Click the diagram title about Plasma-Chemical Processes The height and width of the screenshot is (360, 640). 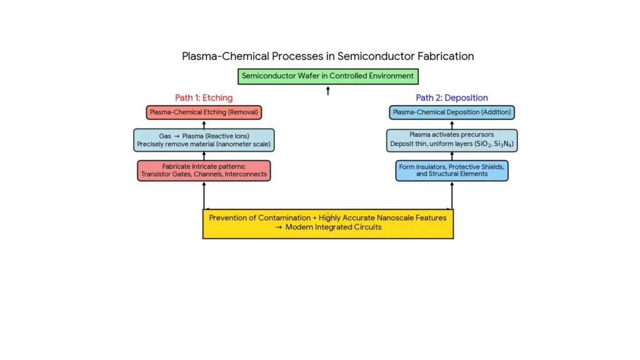click(327, 56)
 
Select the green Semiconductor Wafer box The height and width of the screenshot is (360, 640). click(327, 76)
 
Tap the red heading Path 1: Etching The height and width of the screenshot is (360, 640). click(204, 97)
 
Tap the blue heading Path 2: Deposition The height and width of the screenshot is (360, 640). click(452, 97)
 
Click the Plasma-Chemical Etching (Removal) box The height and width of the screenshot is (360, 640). click(204, 112)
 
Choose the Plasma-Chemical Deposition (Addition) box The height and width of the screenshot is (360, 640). click(452, 112)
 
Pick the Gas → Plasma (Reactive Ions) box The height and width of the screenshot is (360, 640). click(204, 140)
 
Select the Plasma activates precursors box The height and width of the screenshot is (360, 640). click(452, 140)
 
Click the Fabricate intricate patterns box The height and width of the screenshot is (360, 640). click(204, 171)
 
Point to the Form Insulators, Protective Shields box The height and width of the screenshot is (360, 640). click(452, 170)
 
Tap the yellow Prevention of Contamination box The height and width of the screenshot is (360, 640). click(327, 223)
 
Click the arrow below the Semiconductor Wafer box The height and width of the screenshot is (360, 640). click(328, 91)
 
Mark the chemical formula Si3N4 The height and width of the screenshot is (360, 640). click(504, 144)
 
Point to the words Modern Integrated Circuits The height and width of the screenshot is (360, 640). click(333, 227)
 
